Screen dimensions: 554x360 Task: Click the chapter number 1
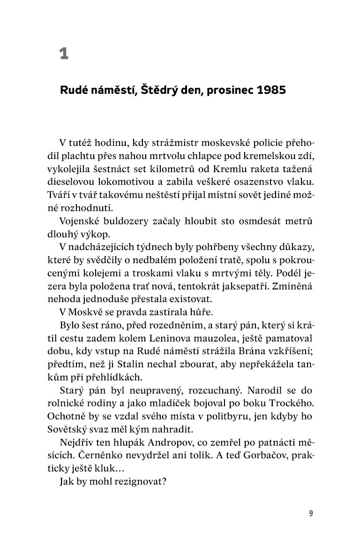click(64, 54)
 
